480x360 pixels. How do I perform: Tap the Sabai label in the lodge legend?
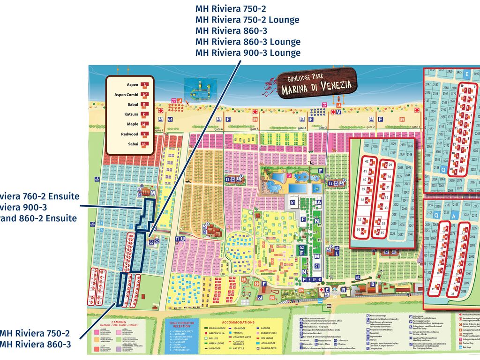[x=133, y=144]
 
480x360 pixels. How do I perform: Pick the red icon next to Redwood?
[x=145, y=135]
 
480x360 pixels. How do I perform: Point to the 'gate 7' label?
[x=159, y=130]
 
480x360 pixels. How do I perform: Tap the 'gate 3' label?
[x=322, y=127]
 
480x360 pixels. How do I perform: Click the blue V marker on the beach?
[x=338, y=112]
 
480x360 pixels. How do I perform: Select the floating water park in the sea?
[x=201, y=89]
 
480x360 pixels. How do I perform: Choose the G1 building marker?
[x=293, y=202]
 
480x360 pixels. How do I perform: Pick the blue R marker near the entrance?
[x=344, y=290]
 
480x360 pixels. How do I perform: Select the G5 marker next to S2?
[x=151, y=242]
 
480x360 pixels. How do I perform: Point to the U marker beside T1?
[x=183, y=239]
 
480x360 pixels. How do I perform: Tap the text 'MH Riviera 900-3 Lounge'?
[x=247, y=52]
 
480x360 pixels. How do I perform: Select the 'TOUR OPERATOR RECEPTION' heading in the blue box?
[x=182, y=325]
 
